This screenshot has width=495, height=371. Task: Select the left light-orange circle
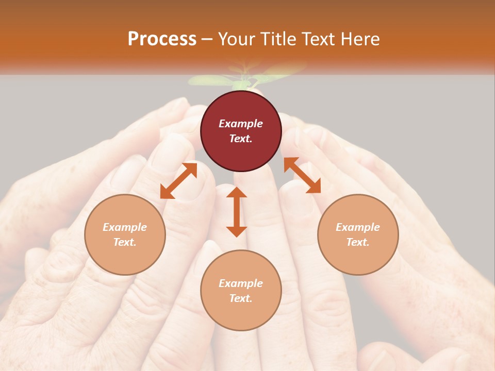click(125, 234)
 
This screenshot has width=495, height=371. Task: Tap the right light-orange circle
click(358, 234)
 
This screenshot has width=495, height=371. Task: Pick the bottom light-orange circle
click(241, 291)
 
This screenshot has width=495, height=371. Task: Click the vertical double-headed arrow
click(237, 212)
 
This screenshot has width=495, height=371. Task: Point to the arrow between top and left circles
click(178, 181)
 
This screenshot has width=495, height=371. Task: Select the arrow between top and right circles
click(302, 175)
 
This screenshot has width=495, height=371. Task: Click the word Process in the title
click(162, 39)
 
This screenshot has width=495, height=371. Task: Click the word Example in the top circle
click(241, 124)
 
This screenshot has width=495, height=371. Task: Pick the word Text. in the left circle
click(125, 242)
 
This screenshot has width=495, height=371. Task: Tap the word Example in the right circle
click(358, 227)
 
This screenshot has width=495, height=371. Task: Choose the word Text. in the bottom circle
click(241, 298)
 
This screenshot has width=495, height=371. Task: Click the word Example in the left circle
click(125, 227)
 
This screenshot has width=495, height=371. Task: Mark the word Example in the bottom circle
click(241, 283)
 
